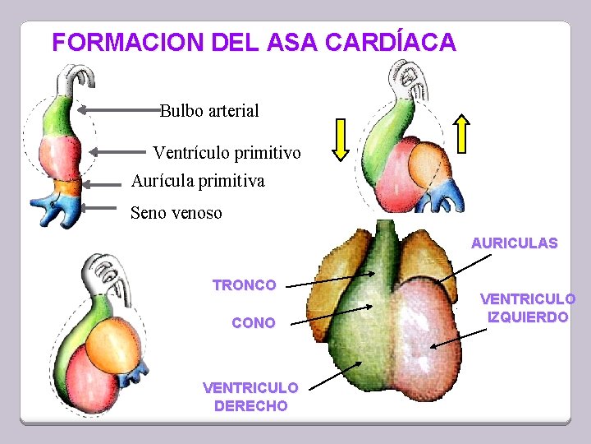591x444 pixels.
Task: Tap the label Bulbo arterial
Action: (210, 110)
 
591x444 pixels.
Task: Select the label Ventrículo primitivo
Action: (227, 153)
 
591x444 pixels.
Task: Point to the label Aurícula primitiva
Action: (198, 180)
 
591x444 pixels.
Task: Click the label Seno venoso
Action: (176, 213)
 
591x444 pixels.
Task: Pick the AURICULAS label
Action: (514, 243)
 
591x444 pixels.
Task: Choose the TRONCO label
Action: (244, 285)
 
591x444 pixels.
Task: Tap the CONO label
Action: (254, 323)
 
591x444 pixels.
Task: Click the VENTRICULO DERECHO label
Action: (250, 395)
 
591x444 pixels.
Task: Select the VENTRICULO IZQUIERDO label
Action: (528, 308)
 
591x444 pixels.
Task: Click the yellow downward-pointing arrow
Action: (341, 137)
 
